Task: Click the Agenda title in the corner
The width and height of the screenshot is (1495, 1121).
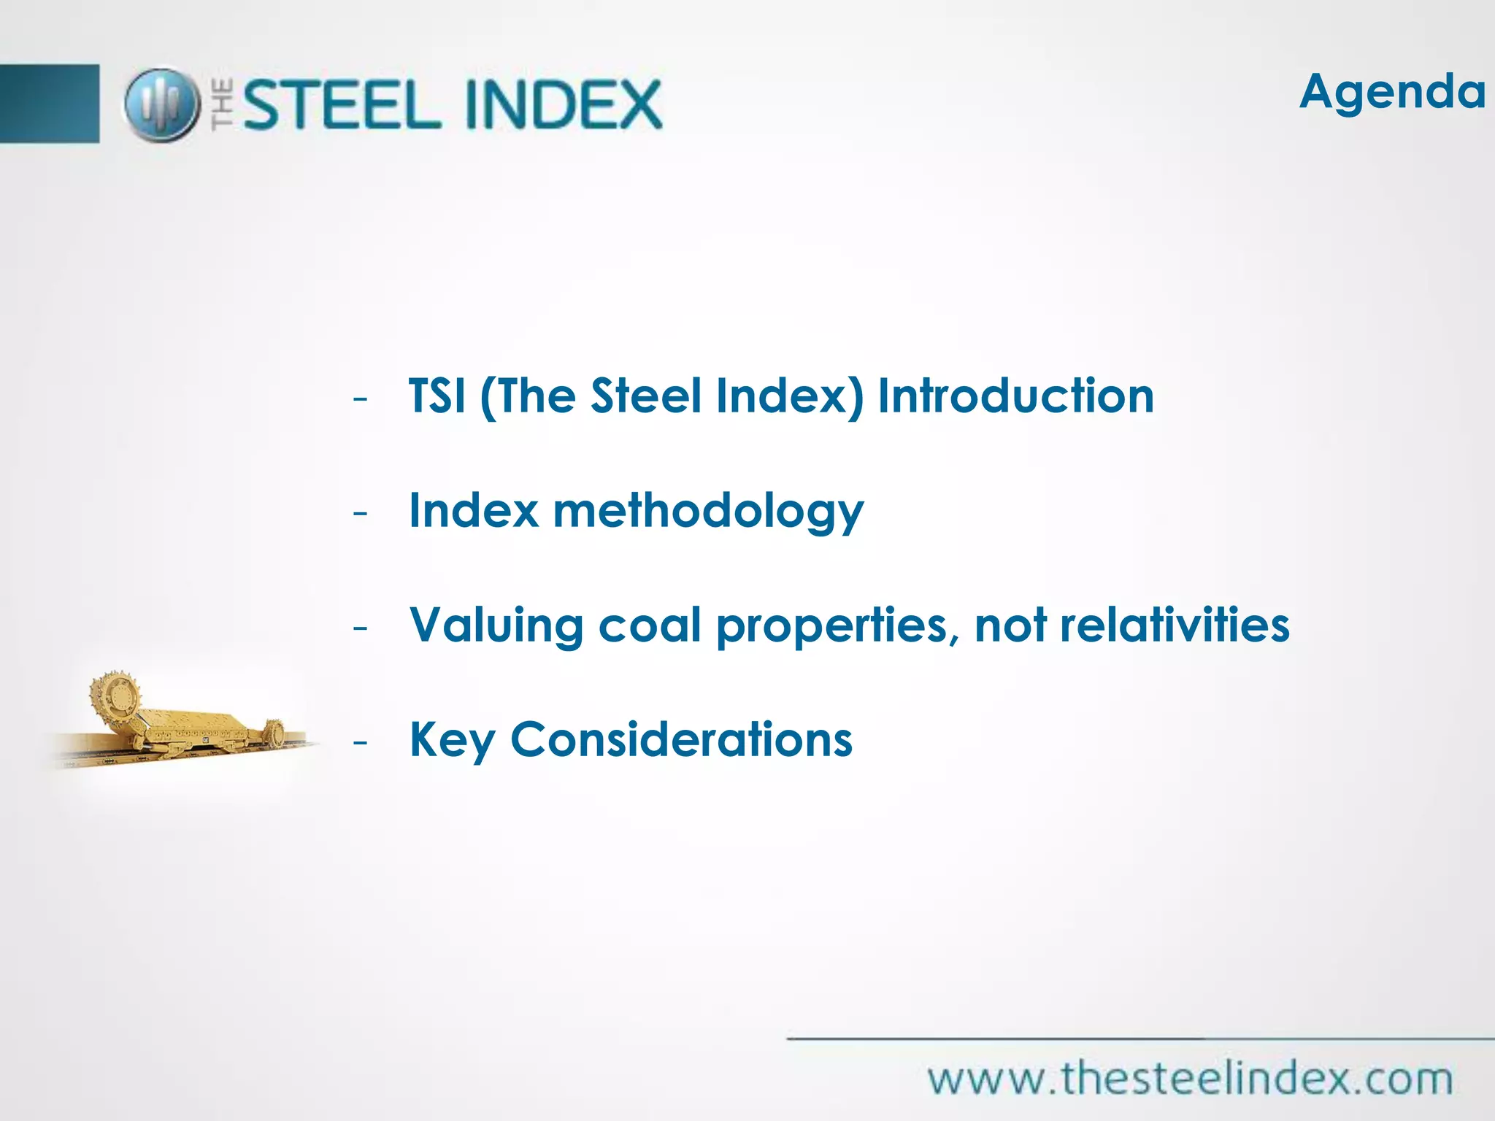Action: [x=1392, y=93]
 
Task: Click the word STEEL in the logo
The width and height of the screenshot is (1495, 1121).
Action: [x=342, y=105]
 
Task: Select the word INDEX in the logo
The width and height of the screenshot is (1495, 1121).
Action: [x=563, y=105]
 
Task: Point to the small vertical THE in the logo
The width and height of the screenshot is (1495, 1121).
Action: [x=223, y=105]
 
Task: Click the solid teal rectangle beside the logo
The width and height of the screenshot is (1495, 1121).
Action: [x=49, y=104]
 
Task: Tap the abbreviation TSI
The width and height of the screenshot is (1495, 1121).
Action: [x=437, y=396]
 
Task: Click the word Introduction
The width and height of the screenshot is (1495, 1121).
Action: [x=1015, y=396]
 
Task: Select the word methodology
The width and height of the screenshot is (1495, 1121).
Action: [x=708, y=512]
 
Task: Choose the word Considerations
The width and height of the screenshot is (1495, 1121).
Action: [x=681, y=740]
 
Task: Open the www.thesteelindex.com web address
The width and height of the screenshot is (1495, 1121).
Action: [x=1190, y=1079]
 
